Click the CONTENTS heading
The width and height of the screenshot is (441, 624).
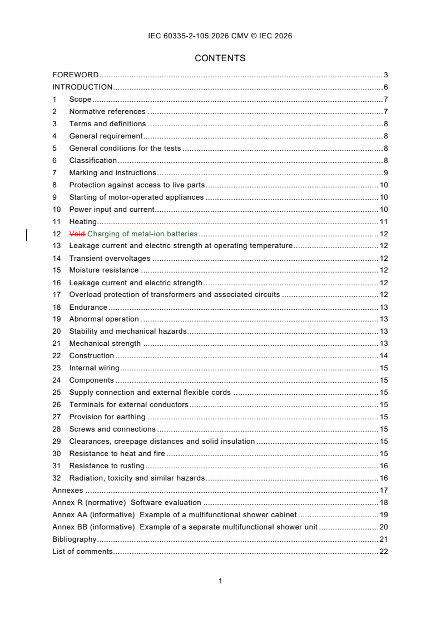click(x=220, y=58)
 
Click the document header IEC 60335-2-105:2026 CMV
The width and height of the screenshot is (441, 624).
click(x=220, y=36)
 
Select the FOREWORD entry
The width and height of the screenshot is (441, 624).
click(x=75, y=75)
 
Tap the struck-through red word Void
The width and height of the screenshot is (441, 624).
click(x=77, y=234)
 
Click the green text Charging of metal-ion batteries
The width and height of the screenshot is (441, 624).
click(x=142, y=234)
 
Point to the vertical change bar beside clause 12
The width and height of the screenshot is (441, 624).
click(x=27, y=234)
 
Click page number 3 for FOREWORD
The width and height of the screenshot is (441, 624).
click(x=385, y=75)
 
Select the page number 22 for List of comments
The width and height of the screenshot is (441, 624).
click(x=383, y=552)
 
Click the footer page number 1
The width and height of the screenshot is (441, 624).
click(x=220, y=581)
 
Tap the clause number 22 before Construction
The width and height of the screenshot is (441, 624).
click(x=56, y=356)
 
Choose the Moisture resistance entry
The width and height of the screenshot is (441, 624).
click(x=103, y=270)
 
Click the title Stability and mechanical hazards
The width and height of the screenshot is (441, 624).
click(x=127, y=331)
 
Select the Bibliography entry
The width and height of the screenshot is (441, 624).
click(x=74, y=539)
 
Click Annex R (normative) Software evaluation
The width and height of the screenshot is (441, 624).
click(x=127, y=503)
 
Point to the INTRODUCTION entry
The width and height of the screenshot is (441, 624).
click(x=82, y=87)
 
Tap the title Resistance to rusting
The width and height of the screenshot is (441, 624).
click(x=106, y=466)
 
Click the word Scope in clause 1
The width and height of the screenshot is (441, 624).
click(x=80, y=99)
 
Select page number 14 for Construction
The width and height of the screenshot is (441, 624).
click(x=383, y=356)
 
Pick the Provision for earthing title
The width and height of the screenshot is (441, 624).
click(x=107, y=417)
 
